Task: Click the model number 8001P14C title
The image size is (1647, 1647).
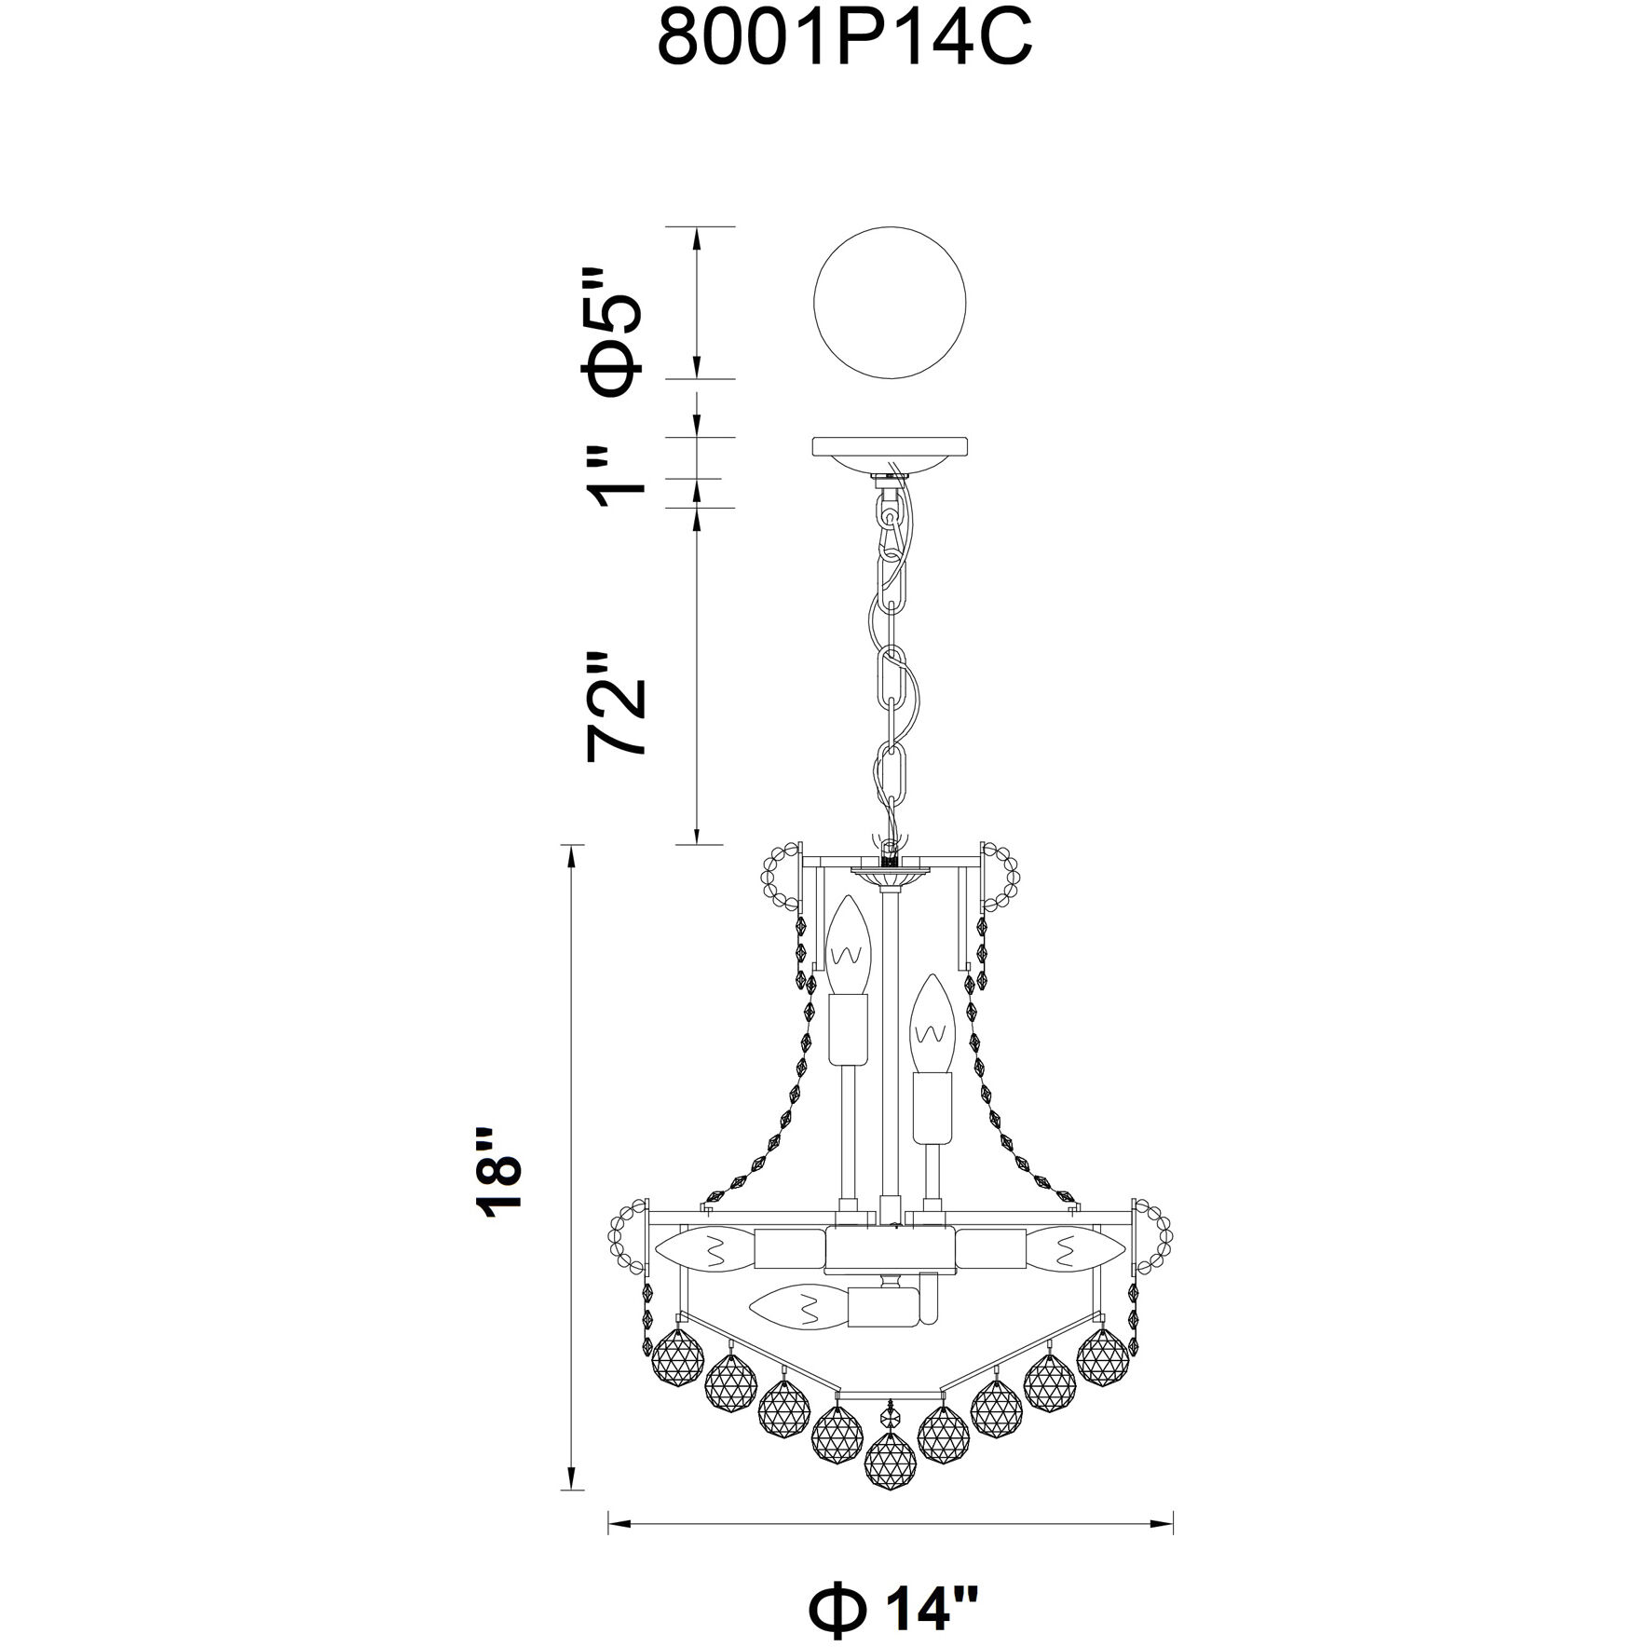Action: [845, 40]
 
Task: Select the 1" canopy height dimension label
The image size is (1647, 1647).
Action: [616, 475]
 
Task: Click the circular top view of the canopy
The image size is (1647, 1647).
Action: [892, 303]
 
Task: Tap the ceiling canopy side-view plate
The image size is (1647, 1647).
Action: [892, 456]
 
